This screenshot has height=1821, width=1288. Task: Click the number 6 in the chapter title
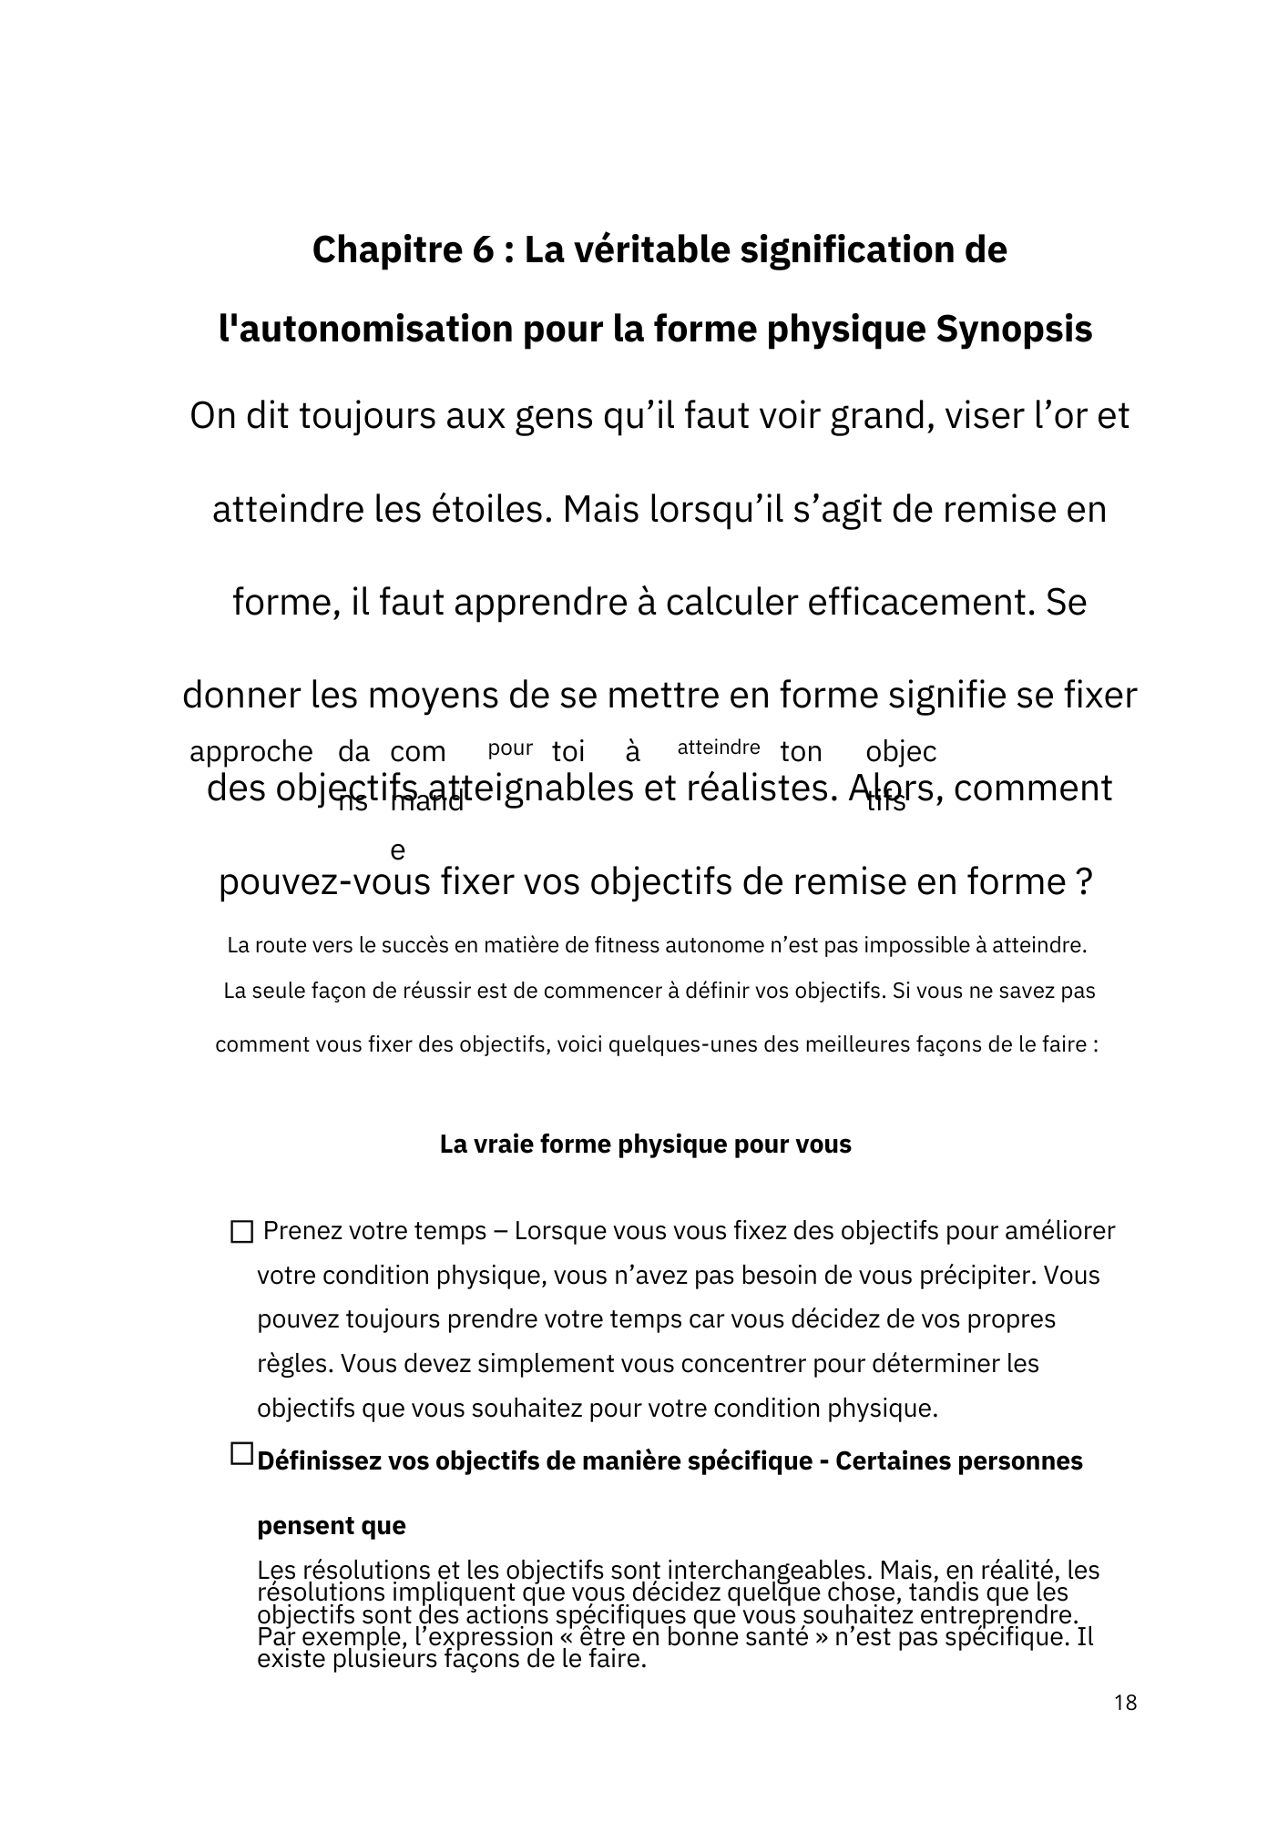[483, 249]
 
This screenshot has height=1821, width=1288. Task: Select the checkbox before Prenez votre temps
[241, 1232]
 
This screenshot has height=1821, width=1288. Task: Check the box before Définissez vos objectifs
[241, 1454]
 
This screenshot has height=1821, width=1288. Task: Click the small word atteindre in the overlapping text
[719, 748]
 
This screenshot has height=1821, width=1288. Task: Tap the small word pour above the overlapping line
[510, 748]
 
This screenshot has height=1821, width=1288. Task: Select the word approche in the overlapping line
[250, 752]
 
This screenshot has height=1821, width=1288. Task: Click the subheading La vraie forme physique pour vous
[645, 1144]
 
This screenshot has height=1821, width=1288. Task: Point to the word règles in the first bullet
[294, 1365]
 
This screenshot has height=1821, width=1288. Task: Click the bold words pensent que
[332, 1526]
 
